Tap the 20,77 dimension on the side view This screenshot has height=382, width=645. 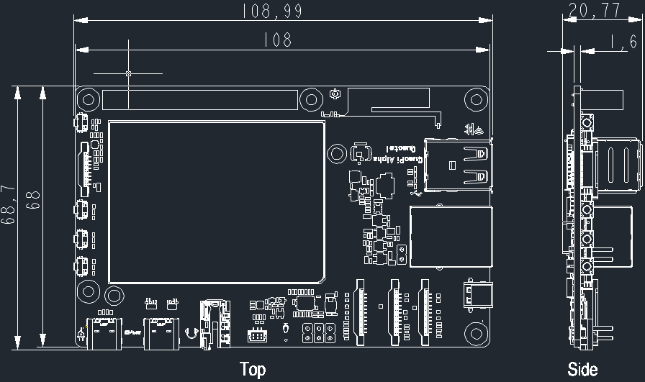point(584,11)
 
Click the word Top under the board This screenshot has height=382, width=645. point(252,370)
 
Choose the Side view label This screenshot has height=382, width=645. point(582,370)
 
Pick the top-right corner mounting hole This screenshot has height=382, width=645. point(475,99)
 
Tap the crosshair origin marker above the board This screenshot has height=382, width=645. point(128,73)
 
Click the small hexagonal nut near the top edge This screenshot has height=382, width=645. point(335,94)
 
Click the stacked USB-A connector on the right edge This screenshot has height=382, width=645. point(458,164)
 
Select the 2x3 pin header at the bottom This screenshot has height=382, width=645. point(318,332)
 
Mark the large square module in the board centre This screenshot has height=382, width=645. point(217,201)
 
